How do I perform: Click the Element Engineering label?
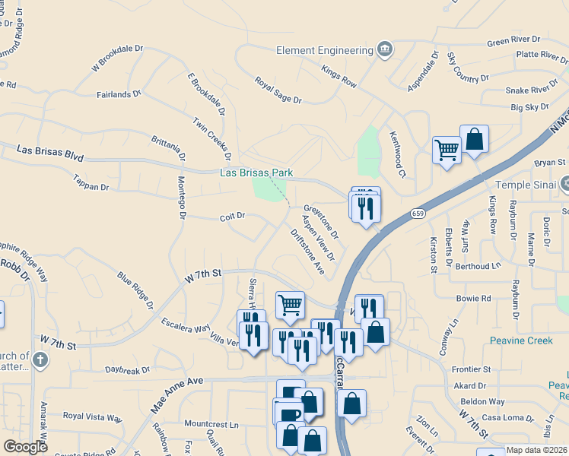323,50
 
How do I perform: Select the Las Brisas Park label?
256,173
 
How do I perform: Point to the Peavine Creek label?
521,340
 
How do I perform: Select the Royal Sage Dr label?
278,90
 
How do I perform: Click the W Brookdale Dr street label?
117,59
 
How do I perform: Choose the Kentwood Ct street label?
399,141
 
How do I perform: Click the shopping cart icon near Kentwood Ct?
447,149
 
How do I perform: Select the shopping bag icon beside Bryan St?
474,139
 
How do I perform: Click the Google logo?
26,447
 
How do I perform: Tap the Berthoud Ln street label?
478,266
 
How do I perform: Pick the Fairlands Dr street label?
119,94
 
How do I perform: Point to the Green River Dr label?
513,40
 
